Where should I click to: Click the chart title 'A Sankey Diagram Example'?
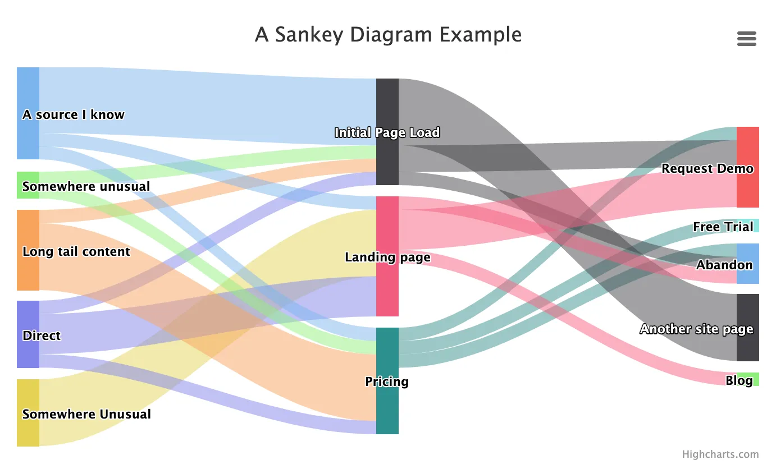[388, 35]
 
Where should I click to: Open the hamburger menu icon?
[746, 38]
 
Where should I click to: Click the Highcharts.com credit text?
[720, 454]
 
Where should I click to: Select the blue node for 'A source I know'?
[28, 90]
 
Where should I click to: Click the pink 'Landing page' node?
[387, 292]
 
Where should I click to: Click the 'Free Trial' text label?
[723, 227]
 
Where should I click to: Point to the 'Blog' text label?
[739, 380]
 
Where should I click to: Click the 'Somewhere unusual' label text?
[86, 186]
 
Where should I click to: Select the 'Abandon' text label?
[724, 265]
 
